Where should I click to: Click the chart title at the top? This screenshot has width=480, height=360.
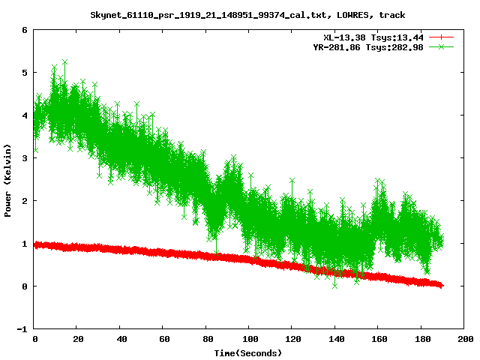pos(247,13)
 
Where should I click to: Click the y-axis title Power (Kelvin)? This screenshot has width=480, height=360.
pos(7,181)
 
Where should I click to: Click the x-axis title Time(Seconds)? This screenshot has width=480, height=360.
pos(247,352)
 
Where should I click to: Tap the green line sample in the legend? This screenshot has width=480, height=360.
pos(442,46)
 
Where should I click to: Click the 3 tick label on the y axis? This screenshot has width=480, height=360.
pos(24,158)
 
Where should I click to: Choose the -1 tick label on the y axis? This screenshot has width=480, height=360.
pos(22,329)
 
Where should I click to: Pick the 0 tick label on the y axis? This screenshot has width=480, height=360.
pos(24,286)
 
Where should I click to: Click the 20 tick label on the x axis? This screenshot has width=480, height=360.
pos(78,339)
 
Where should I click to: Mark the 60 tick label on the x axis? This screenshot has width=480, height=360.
pos(163,339)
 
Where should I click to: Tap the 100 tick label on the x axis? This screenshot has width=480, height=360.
pos(249,339)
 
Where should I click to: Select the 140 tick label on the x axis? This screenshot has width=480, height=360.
pos(334,339)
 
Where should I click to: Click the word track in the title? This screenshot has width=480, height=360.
pos(391,13)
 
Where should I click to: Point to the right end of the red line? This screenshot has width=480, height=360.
pos(442,286)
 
